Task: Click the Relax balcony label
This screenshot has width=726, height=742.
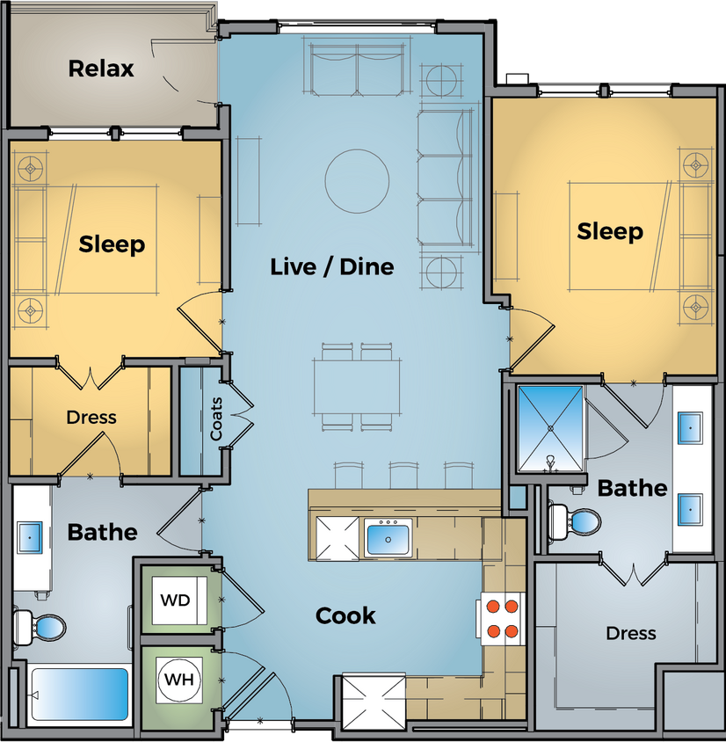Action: pyautogui.click(x=101, y=68)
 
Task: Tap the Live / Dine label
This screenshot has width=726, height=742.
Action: pyautogui.click(x=331, y=266)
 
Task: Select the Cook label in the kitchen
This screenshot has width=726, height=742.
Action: pyautogui.click(x=345, y=615)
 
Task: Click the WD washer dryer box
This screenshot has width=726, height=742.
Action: pyautogui.click(x=176, y=600)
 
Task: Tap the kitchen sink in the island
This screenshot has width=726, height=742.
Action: pyautogui.click(x=388, y=536)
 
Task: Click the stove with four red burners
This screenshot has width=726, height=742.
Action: pyautogui.click(x=502, y=618)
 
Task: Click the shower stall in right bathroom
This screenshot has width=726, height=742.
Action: pyautogui.click(x=550, y=427)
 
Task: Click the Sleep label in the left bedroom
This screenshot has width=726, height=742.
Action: pyautogui.click(x=112, y=244)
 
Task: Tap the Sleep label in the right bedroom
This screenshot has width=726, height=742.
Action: pyautogui.click(x=610, y=231)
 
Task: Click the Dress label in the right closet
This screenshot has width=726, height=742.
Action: pyautogui.click(x=631, y=633)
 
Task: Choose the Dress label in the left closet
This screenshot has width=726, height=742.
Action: pyautogui.click(x=91, y=417)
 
